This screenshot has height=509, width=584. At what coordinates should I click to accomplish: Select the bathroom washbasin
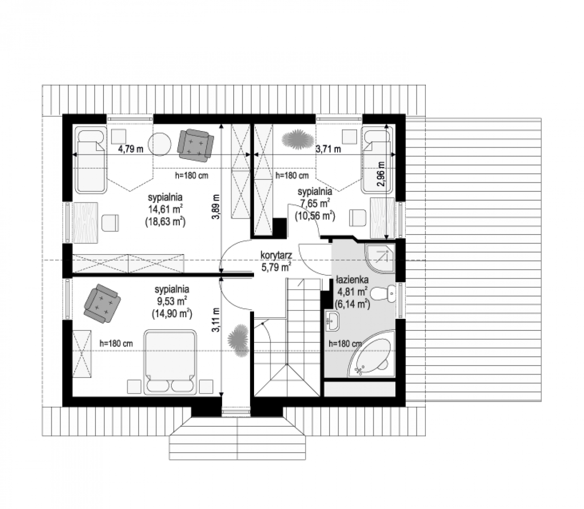click(332, 321)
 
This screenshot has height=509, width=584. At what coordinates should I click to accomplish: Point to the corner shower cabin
click(380, 258)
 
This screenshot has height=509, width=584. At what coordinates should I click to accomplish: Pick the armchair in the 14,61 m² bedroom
click(195, 145)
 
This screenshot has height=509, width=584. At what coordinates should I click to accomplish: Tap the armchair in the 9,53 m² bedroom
click(102, 303)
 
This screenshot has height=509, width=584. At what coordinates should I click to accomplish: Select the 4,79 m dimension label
click(131, 149)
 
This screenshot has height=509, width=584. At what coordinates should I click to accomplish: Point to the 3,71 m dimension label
click(328, 149)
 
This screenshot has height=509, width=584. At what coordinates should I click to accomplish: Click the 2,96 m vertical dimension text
click(381, 174)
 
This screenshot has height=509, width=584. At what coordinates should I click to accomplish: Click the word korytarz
click(276, 255)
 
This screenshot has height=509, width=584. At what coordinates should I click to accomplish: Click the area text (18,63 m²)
click(165, 221)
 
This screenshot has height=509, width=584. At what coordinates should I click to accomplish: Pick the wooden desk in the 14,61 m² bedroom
click(86, 223)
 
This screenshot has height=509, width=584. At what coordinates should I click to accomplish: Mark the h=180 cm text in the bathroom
click(345, 344)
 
